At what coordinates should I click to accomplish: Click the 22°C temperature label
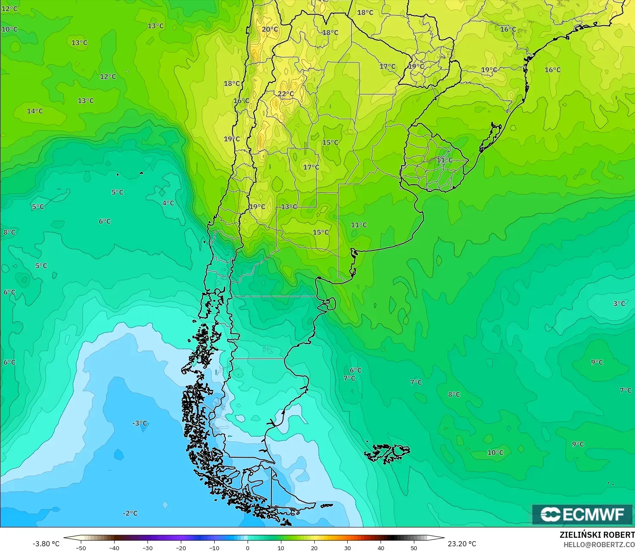[x=286, y=94]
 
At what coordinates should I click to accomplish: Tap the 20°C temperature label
[x=269, y=30]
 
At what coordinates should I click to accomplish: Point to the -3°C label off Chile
[x=139, y=423]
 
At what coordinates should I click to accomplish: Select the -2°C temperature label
[x=130, y=513]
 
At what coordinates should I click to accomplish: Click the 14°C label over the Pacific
[x=35, y=111]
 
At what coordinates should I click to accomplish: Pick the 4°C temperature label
[x=168, y=203]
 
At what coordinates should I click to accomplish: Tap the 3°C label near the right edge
[x=619, y=304]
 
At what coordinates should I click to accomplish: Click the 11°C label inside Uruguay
[x=444, y=160]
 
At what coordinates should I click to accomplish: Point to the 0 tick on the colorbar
[x=248, y=548]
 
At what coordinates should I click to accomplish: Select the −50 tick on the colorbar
[x=80, y=548]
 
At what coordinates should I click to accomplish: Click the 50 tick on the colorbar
[x=414, y=548]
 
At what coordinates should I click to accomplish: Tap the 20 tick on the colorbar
[x=314, y=548]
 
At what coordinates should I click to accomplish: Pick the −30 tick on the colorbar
[x=147, y=548]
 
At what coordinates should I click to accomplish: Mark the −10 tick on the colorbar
[x=214, y=548]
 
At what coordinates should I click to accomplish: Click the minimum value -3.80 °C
[x=46, y=544]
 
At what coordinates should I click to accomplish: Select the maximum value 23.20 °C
[x=462, y=544]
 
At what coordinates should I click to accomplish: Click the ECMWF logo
[x=582, y=514]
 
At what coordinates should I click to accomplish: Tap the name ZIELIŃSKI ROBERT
[x=597, y=535]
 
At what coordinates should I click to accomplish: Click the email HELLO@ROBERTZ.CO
[x=599, y=545]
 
